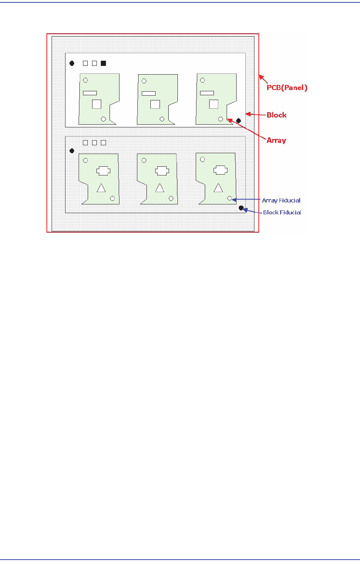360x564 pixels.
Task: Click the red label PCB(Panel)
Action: (x=287, y=88)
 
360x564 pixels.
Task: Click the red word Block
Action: (x=276, y=115)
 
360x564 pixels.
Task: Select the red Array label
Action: (x=276, y=140)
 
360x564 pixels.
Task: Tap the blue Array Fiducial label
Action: (x=281, y=200)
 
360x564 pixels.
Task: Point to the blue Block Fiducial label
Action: (x=282, y=212)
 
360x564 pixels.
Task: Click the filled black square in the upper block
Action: (x=103, y=63)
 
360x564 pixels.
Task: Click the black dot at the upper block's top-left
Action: (x=72, y=63)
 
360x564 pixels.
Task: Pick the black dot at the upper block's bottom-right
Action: (x=239, y=121)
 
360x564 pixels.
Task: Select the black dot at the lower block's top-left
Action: (x=72, y=151)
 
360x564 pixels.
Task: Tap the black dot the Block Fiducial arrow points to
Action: (x=241, y=208)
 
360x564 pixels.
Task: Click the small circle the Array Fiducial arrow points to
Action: (x=229, y=198)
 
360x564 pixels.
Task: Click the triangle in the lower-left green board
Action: (x=101, y=188)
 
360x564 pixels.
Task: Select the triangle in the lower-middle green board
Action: (x=160, y=188)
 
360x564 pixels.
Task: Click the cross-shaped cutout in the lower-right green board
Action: (x=221, y=170)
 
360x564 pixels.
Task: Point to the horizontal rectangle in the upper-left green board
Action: (x=90, y=93)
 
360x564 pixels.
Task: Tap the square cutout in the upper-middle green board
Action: (x=155, y=104)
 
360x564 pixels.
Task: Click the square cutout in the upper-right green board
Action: (x=214, y=104)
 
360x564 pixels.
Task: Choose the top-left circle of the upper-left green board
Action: (x=85, y=80)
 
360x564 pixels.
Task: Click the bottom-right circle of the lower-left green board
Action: (x=113, y=198)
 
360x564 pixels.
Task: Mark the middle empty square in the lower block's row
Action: (x=94, y=143)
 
